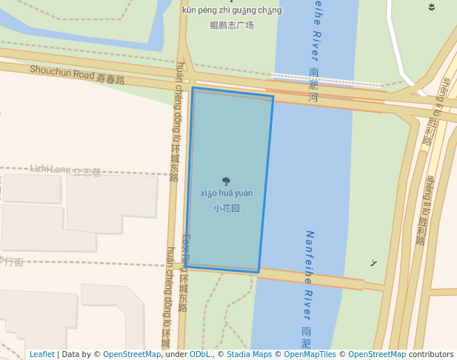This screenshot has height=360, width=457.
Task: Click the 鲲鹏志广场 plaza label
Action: pos(231,25)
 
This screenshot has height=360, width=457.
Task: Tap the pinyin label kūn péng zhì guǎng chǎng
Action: pos(231,10)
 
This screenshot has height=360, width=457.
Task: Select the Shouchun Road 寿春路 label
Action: pos(77,74)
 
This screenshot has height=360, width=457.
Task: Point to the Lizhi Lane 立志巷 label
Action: pos(65,170)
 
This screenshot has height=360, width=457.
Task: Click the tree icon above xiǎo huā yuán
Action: pos(226,181)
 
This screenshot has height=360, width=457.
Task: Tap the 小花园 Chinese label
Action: pos(227,208)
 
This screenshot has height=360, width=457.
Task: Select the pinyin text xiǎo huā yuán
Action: pos(227,193)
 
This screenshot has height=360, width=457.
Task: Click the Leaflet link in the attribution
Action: pos(41,354)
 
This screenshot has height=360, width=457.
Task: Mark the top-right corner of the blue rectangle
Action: pos(273,96)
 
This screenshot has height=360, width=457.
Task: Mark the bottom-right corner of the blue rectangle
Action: pos(258,272)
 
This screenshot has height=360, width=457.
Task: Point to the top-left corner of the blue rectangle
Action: pos(193,88)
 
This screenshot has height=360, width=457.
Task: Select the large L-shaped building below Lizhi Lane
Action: pos(111,200)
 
